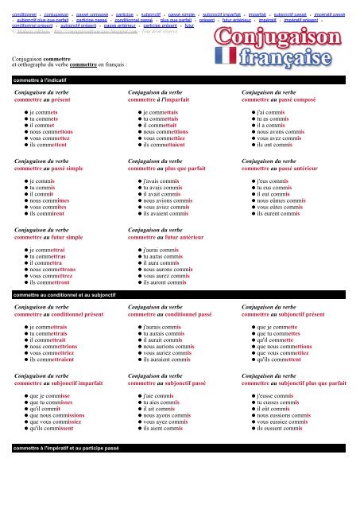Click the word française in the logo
tap(300, 61)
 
